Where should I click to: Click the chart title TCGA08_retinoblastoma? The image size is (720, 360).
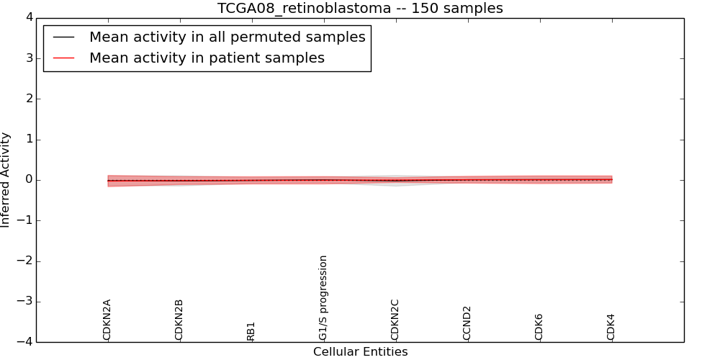(360, 9)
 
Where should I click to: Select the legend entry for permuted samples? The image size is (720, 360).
(227, 37)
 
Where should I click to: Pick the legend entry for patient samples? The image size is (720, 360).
(207, 58)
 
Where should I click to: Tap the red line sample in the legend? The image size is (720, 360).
(64, 58)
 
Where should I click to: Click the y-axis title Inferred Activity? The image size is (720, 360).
(6, 180)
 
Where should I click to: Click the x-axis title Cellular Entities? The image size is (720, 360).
(360, 352)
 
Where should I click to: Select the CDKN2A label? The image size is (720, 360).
(107, 320)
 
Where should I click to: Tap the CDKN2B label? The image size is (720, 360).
(179, 320)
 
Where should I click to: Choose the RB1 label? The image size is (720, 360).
(251, 331)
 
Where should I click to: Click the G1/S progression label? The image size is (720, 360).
(323, 297)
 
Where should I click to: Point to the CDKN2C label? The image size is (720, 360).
(395, 320)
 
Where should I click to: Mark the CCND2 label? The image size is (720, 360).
(467, 323)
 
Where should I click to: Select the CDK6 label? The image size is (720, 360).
(539, 327)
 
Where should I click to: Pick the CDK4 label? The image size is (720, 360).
(611, 327)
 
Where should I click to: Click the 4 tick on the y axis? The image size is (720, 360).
(28, 17)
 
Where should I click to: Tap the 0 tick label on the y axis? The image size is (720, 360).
(28, 180)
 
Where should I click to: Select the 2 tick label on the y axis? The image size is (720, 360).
(28, 99)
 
